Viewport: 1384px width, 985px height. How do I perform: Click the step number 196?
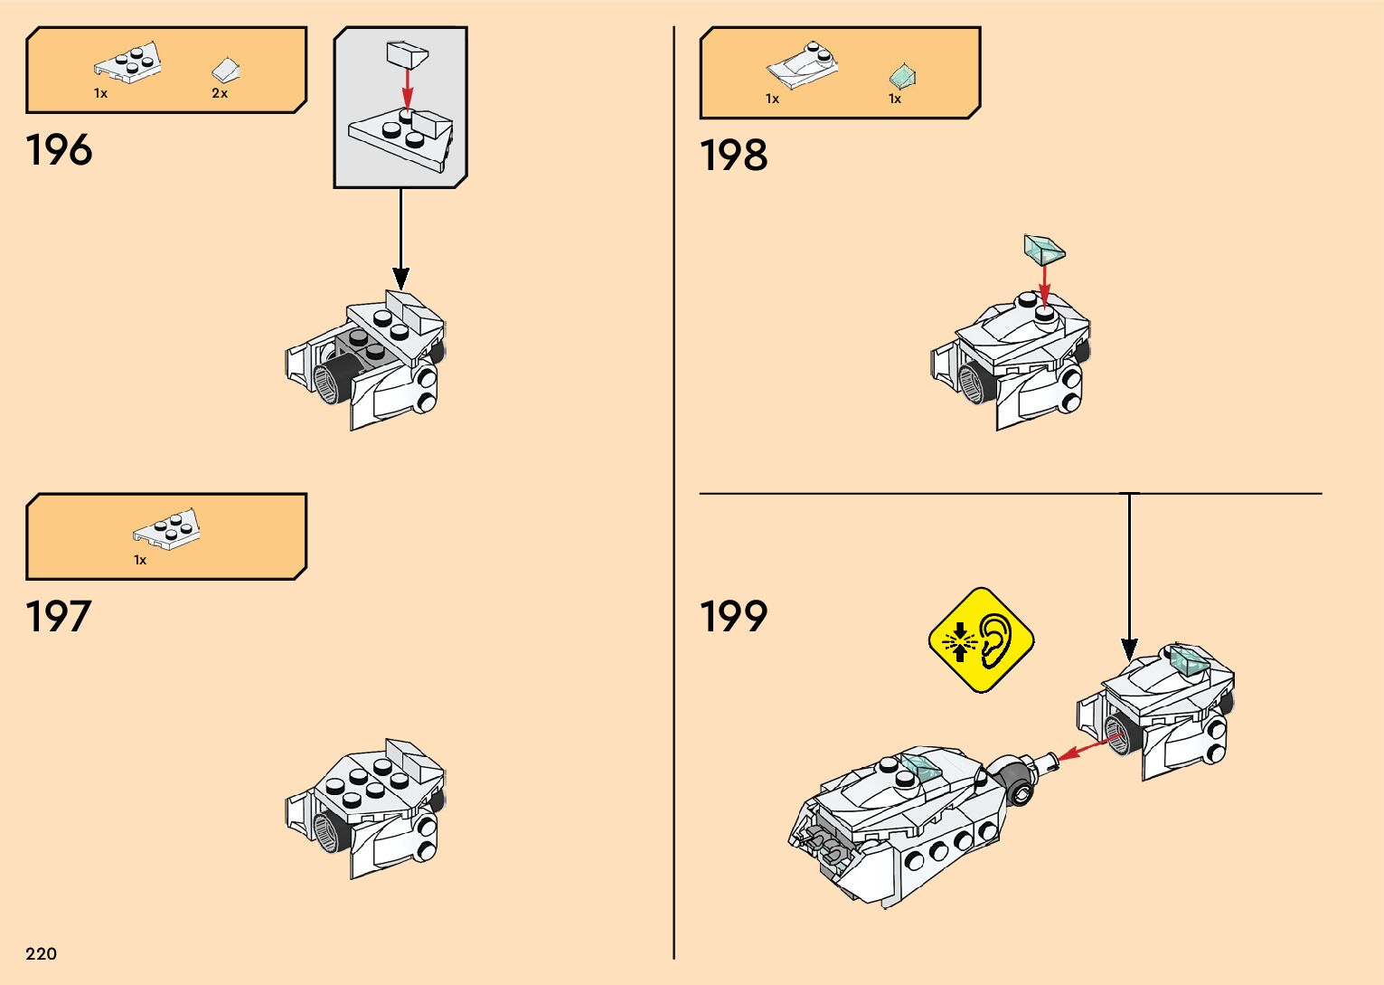[x=59, y=150]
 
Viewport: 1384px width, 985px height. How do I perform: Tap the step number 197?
[x=59, y=617]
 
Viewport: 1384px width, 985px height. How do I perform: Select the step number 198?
[x=733, y=156]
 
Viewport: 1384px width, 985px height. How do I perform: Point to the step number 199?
[x=733, y=617]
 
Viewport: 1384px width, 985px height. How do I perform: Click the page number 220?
[x=42, y=953]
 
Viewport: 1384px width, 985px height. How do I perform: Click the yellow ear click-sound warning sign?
[x=981, y=640]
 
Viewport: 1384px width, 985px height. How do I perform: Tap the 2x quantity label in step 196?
[x=220, y=93]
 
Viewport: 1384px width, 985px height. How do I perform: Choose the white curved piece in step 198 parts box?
[x=802, y=66]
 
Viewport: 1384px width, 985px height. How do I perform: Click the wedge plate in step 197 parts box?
[x=167, y=529]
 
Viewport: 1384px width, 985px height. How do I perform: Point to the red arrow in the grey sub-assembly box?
[x=408, y=88]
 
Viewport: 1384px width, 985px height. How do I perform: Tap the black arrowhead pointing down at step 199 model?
[x=1129, y=649]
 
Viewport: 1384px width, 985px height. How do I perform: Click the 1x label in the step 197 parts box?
[x=140, y=560]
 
